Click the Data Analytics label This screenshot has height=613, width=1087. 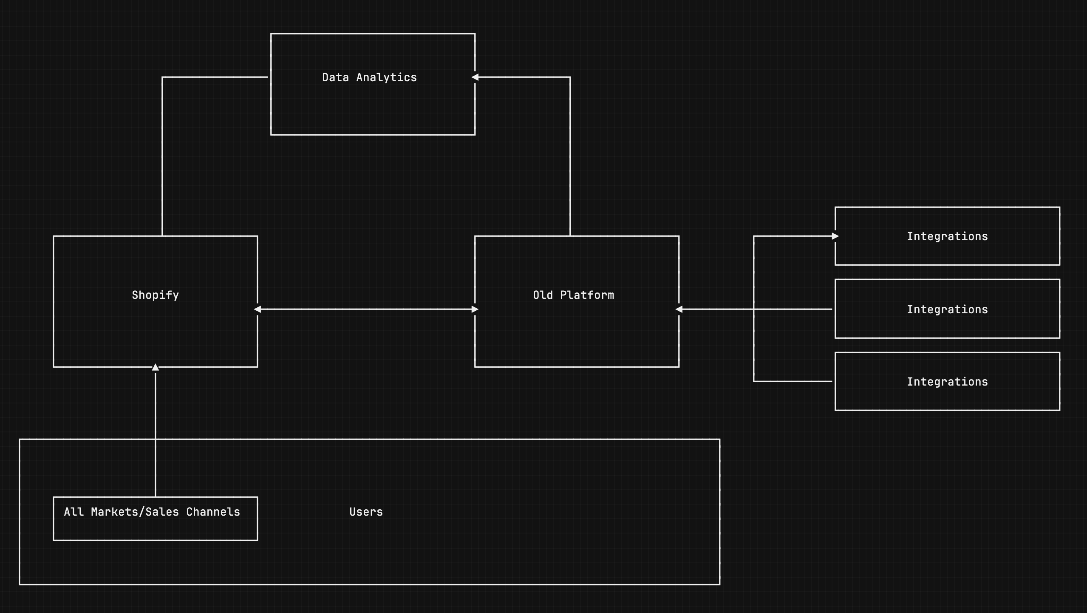369,77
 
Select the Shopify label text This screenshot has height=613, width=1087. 155,295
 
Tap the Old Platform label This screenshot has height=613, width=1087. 573,295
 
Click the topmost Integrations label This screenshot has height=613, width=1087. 947,236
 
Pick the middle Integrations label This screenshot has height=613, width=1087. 947,309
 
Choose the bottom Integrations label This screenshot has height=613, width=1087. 947,382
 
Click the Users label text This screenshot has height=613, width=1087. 366,512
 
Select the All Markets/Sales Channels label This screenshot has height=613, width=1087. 152,512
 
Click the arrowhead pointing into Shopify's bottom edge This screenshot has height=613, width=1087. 156,367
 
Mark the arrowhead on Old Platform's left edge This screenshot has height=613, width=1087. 475,309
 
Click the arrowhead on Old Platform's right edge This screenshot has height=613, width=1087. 679,309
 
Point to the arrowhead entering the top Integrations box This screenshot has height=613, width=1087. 835,236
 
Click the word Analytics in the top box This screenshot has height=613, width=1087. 386,77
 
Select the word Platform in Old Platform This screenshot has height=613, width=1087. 587,295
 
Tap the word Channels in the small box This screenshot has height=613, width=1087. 213,512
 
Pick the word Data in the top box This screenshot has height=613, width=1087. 335,77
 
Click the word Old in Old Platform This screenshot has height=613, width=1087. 543,295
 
